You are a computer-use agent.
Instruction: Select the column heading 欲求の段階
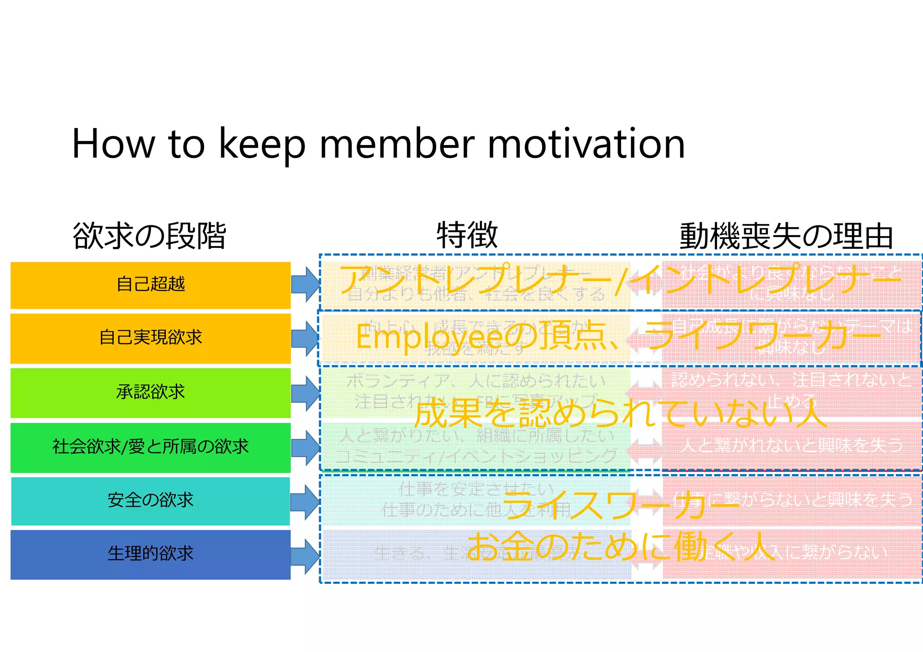pos(149,236)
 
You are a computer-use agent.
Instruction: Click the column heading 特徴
pos(467,235)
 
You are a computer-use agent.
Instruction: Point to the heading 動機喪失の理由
pos(786,236)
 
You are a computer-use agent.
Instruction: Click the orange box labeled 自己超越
pos(151,285)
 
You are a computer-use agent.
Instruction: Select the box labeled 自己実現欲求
pos(151,338)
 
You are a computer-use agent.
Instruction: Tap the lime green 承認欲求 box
pos(151,392)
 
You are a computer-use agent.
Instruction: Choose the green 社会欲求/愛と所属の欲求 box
pos(151,447)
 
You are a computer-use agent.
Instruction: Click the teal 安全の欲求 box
pos(151,501)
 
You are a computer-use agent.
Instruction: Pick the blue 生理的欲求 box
pos(151,554)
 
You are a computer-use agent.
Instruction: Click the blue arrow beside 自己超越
pos(305,284)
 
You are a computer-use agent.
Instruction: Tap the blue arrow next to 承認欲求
pos(305,393)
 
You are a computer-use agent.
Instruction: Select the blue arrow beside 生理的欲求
pos(305,556)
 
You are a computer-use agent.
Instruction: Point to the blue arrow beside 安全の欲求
pos(305,502)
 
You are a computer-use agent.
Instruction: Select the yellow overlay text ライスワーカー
pos(620,505)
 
